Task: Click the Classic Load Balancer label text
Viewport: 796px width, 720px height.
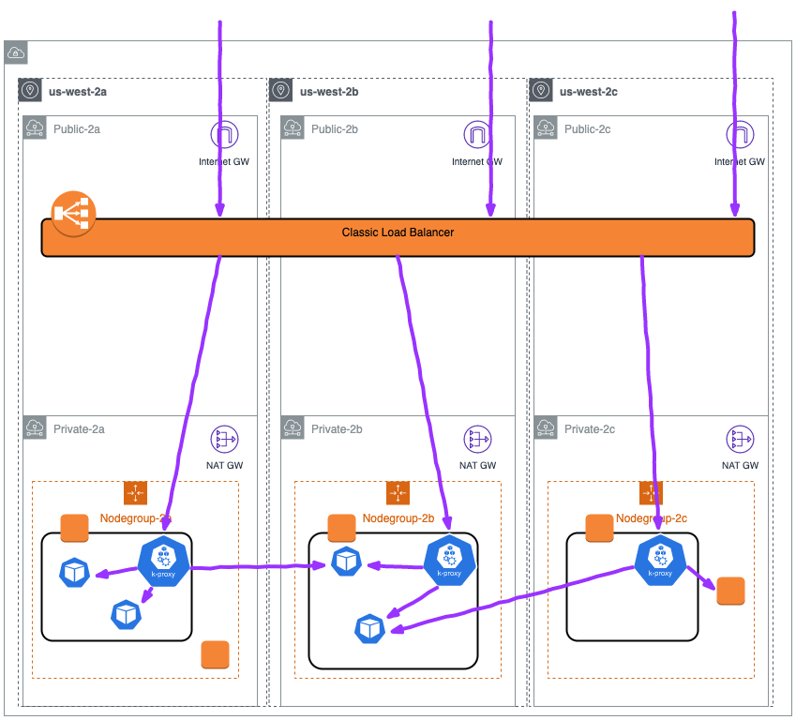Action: [398, 232]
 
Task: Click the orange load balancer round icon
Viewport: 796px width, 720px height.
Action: [73, 214]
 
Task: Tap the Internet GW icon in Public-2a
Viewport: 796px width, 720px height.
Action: [224, 136]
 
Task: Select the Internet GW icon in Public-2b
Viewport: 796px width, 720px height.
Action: [477, 136]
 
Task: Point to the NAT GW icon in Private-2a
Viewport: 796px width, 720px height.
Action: [224, 439]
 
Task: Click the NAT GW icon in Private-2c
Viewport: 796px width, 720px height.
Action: [740, 439]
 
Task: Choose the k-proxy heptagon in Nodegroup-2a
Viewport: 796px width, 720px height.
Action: [163, 563]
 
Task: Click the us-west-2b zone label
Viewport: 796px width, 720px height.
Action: [329, 91]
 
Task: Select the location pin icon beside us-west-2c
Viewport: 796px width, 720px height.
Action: [539, 91]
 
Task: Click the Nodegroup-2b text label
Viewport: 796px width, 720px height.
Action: [398, 517]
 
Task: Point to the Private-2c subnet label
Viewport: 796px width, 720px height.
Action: [590, 429]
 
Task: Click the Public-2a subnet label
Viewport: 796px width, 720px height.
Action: [76, 128]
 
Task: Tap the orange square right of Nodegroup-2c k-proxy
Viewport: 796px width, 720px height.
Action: [730, 591]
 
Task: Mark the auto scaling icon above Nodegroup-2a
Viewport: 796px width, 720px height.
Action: [135, 492]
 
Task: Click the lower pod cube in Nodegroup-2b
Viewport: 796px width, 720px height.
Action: [370, 629]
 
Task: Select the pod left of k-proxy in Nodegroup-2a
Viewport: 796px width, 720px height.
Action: [74, 572]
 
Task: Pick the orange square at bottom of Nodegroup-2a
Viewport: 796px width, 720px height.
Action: [215, 654]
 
